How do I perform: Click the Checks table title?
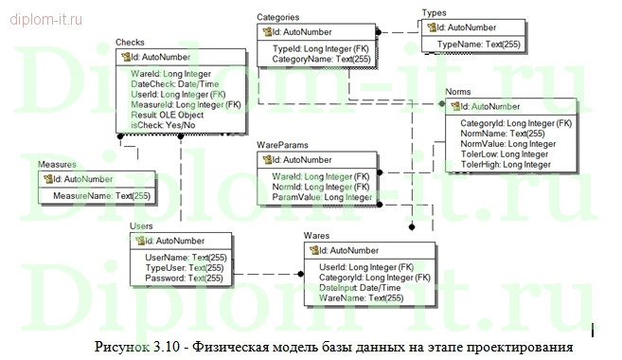tap(130, 44)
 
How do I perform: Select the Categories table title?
tap(279, 17)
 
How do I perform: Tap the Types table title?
tap(434, 13)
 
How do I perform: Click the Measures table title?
tap(58, 165)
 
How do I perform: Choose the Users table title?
tap(141, 226)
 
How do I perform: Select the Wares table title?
tap(316, 235)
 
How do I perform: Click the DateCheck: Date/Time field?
tap(169, 83)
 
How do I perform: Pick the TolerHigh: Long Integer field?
tap(505, 165)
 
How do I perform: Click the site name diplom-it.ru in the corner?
tap(45, 16)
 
